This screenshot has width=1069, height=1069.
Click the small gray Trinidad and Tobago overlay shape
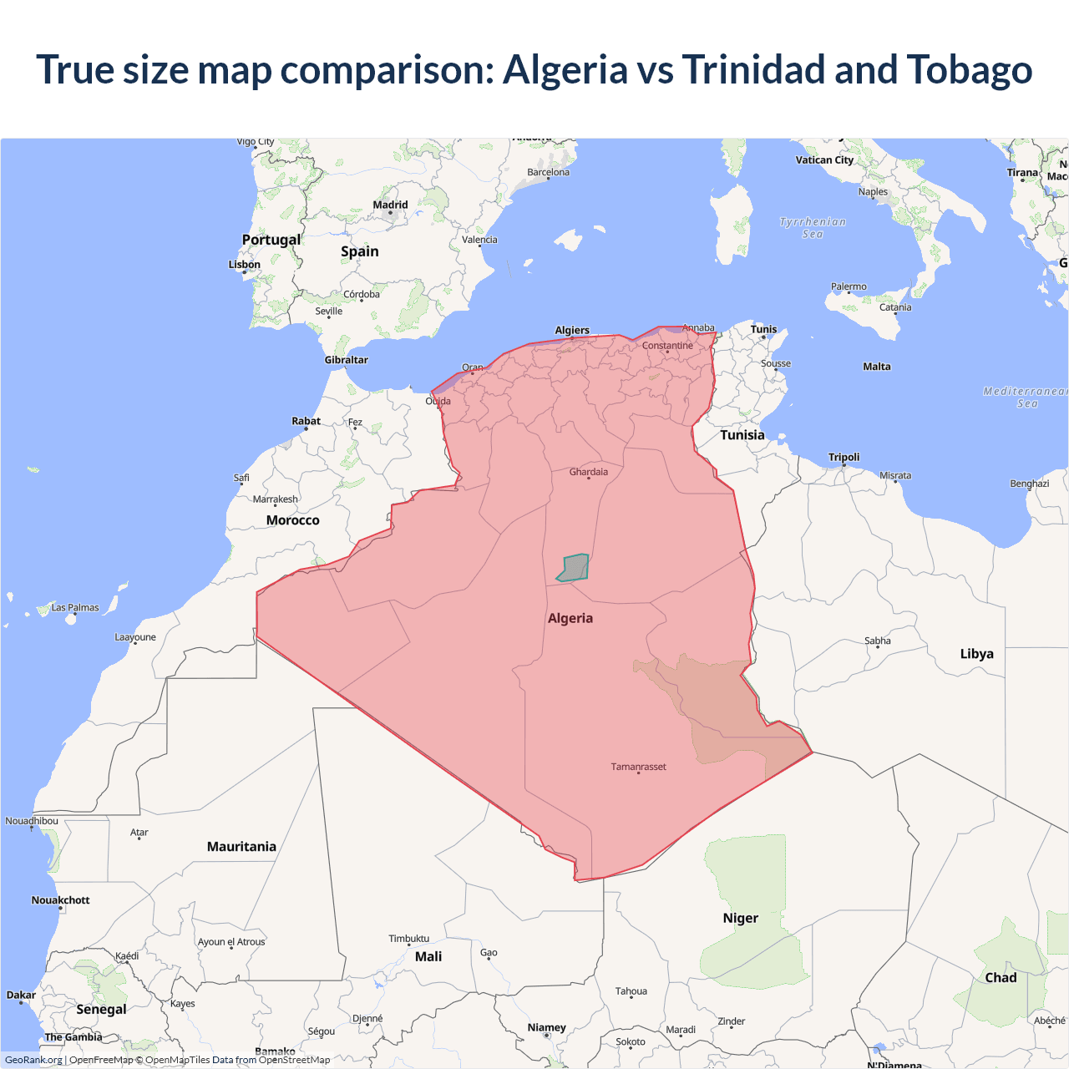(574, 568)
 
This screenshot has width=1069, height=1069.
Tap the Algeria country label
(570, 618)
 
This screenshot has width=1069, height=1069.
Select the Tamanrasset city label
(638, 767)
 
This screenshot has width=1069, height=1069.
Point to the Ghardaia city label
(589, 472)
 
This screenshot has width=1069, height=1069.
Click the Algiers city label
(572, 330)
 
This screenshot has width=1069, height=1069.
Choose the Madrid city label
(390, 205)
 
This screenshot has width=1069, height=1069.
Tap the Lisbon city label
(245, 265)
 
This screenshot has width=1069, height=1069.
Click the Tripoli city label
(844, 457)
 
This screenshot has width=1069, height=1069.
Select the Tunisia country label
(742, 435)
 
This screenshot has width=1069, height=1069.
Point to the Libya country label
(976, 654)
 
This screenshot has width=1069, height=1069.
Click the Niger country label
(741, 918)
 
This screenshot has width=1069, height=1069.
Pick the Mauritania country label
(241, 847)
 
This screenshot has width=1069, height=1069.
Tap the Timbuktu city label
(408, 939)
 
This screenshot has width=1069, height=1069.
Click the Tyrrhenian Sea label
(813, 228)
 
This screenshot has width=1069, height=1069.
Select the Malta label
(877, 367)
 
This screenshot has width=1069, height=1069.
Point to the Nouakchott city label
(60, 900)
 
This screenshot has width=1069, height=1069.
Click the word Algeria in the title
(565, 69)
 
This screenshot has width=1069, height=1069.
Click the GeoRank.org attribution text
(33, 1060)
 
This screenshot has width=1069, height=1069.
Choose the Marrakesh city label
(275, 499)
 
